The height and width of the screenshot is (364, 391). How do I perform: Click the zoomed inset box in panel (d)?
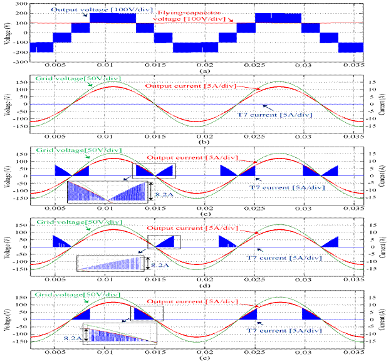(x=111, y=263)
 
